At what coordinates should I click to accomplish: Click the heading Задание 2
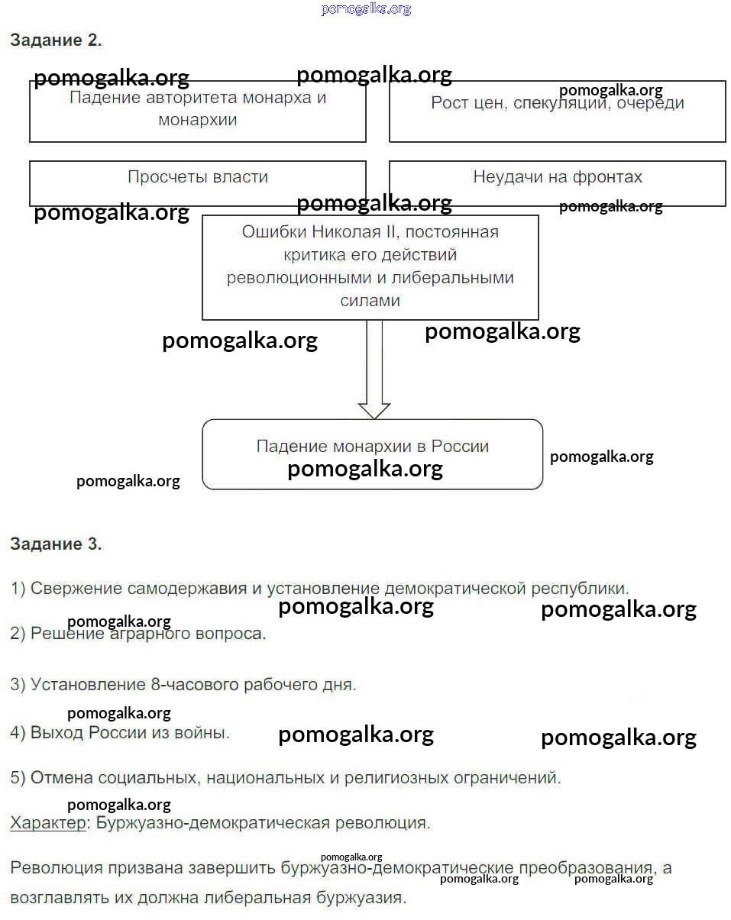56,41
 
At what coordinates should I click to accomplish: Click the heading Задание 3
56,544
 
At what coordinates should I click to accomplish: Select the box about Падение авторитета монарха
197,111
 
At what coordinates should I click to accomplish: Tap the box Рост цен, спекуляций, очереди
557,112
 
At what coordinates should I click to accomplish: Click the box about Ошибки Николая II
370,266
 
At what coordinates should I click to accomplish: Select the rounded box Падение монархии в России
372,454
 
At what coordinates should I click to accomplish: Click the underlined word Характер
47,823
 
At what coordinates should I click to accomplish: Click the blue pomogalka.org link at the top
366,9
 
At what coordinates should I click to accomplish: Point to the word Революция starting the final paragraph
53,868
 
